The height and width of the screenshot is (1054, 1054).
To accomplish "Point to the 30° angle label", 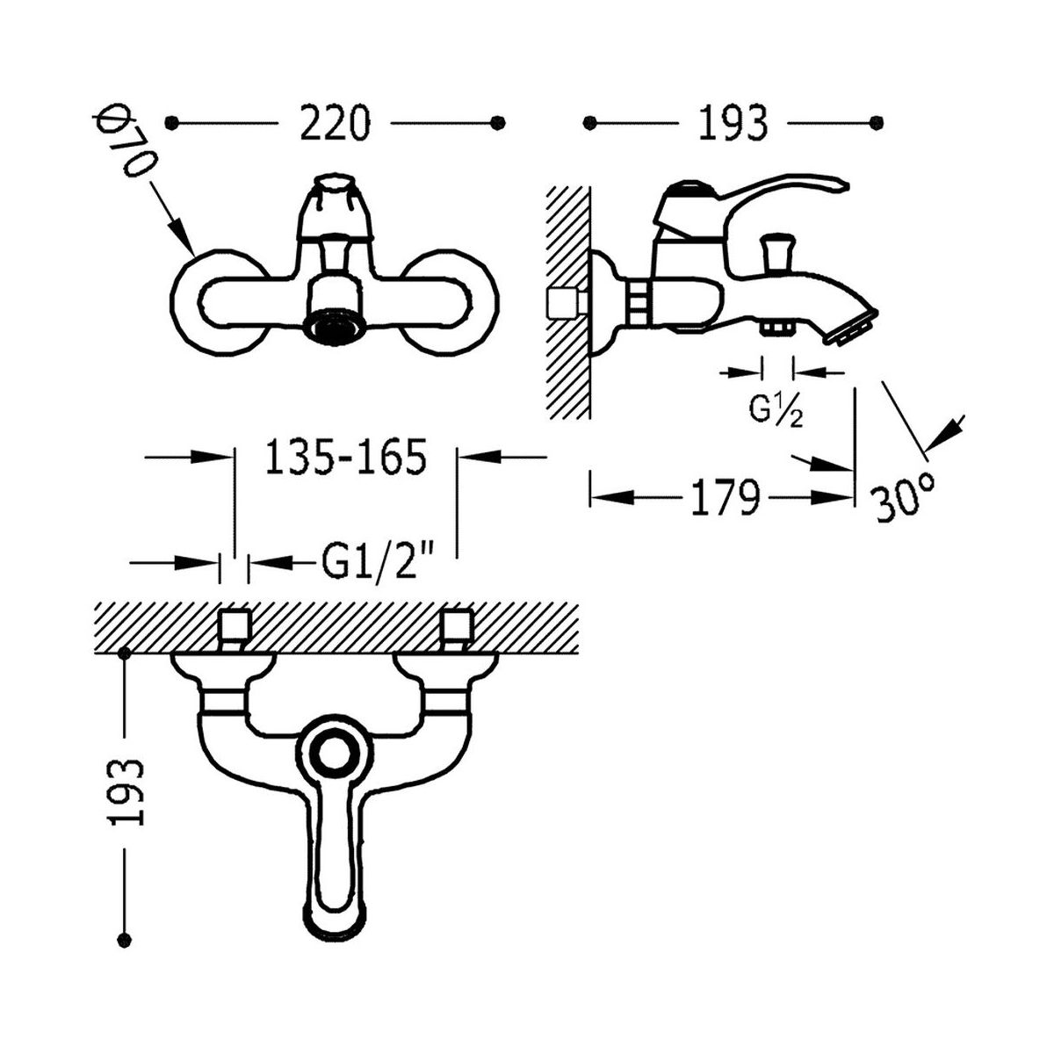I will point(904,498).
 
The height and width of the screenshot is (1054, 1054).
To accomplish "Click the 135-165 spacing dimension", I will point(345,456).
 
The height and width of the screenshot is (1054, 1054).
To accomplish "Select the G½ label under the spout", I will point(776,410).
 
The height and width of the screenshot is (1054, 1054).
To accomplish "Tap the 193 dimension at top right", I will point(733,123).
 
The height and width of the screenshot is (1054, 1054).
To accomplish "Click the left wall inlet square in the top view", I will point(235,626).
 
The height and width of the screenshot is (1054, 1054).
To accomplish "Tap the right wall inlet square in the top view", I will point(458,626).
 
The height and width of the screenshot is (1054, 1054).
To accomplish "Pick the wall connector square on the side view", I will point(566,303).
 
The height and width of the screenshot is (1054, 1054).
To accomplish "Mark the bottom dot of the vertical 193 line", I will point(125,940).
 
